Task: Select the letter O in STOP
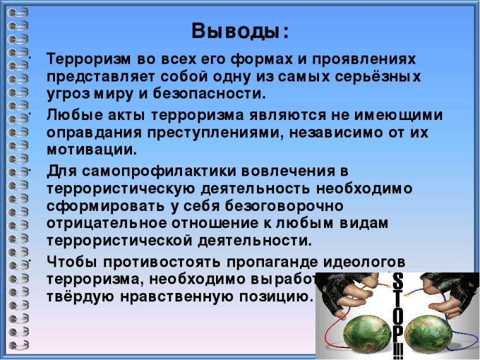398,314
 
